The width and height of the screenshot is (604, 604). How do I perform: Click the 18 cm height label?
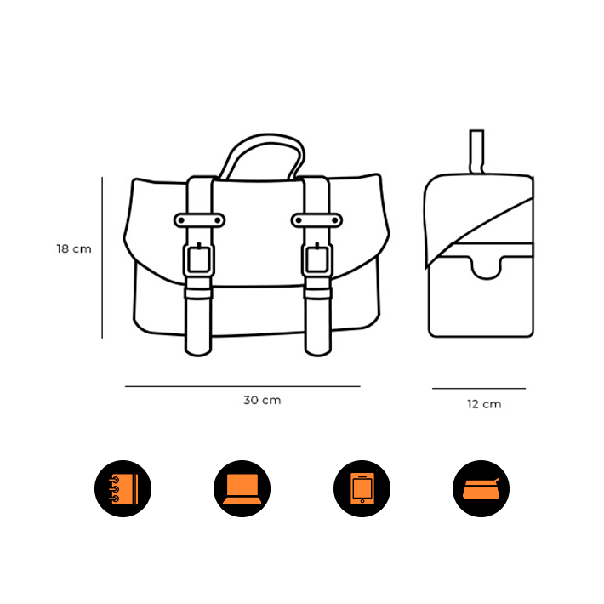point(74,249)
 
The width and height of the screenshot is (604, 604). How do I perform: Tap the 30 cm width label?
point(262,400)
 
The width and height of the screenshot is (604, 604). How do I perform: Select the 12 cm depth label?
point(484,404)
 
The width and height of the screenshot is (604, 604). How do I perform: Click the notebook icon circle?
point(123,488)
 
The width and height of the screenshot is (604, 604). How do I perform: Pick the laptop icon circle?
point(242,488)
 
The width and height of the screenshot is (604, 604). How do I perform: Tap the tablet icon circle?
point(362,488)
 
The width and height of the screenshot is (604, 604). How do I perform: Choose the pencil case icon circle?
point(481,488)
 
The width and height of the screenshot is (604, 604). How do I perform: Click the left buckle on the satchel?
point(199,259)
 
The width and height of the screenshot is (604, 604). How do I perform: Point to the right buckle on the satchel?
point(317,259)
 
